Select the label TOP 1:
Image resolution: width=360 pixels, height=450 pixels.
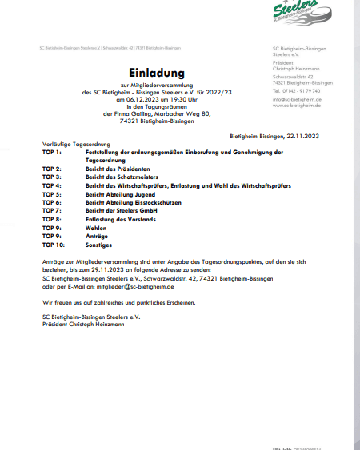[x=52, y=150]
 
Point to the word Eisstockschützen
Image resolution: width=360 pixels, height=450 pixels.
[x=158, y=202]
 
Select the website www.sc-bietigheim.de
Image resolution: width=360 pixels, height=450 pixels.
[x=298, y=105]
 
